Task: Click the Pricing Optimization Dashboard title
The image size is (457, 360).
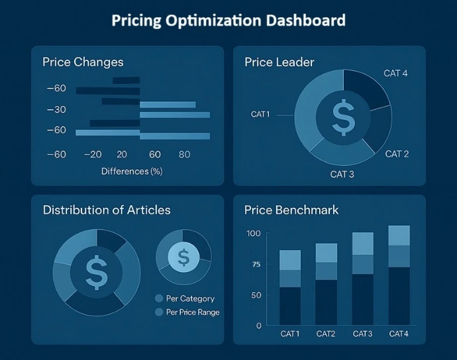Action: pos(228,21)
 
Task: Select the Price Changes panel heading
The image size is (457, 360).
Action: pos(83,62)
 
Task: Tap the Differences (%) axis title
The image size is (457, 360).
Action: pos(132,171)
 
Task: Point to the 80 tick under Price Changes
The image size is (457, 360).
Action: pos(184,154)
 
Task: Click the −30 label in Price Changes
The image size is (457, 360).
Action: pos(56,109)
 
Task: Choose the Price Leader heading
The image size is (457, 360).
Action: pos(279,62)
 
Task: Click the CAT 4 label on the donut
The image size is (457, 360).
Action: pos(395,73)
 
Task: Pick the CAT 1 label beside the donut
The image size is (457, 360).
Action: pos(260,114)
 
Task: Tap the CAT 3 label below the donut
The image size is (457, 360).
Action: pos(342,175)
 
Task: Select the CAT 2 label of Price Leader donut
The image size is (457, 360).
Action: pos(397,154)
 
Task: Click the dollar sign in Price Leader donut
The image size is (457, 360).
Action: pos(343,117)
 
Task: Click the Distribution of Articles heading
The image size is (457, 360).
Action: pos(107,210)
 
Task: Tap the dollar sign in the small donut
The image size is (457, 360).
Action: pos(183,256)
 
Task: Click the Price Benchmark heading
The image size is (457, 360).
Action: pos(291,210)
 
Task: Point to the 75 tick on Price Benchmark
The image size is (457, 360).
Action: pos(256,265)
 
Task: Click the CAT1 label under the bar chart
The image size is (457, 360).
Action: pos(290,334)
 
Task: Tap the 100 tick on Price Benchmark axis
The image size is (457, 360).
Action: pos(254,234)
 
